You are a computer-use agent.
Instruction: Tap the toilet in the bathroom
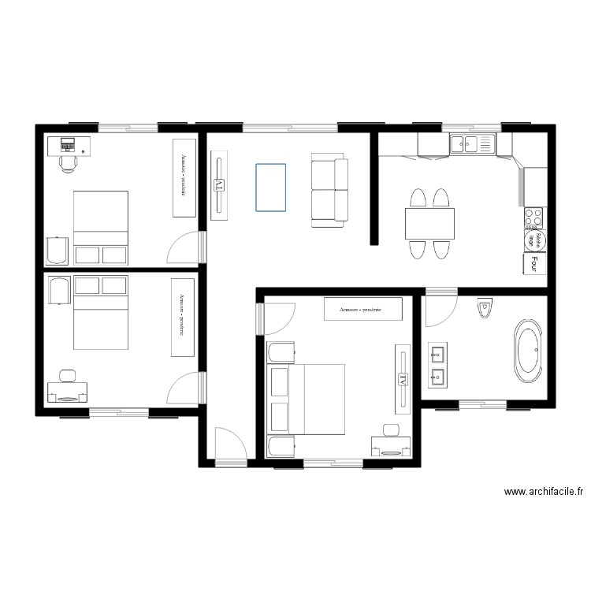point(484,310)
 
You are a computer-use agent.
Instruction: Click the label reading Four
point(534,263)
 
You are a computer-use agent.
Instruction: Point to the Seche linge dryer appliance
point(533,240)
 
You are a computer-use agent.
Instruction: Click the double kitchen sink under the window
point(470,143)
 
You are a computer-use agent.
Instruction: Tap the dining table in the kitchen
point(430,223)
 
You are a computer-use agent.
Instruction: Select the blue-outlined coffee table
point(270,187)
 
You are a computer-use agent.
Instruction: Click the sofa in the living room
point(329,190)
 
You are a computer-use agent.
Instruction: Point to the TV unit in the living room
point(220,185)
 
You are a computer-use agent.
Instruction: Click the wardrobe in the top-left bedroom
point(184,178)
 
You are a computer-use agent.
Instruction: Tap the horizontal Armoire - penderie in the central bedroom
point(362,310)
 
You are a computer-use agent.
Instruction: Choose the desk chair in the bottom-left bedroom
point(66,376)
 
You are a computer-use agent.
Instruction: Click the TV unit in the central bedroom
point(402,379)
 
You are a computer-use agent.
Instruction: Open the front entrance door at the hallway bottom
point(229,445)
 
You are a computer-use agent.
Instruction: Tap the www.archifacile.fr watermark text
point(543,491)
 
